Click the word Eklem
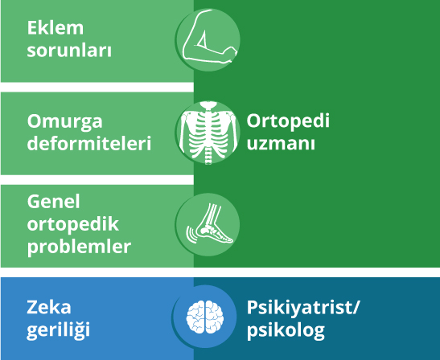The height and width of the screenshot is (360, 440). tap(56, 28)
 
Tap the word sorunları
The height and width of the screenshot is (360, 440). tap(69, 51)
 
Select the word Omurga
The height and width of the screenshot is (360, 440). tap(65, 122)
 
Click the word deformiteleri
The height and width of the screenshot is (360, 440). tap(89, 143)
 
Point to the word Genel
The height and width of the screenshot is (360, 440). tap(54, 202)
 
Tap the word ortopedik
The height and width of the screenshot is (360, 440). tap(73, 224)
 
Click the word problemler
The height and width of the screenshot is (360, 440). tap(79, 247)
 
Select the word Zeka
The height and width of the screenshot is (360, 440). tap(49, 307)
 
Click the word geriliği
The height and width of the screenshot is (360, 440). tap(59, 330)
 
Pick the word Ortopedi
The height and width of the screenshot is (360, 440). tap(288, 121)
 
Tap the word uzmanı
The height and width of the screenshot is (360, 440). tap(281, 143)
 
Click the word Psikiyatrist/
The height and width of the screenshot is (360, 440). tap(303, 308)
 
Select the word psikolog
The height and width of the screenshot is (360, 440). tap(286, 330)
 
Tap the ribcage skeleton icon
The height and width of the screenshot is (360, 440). tap(208, 133)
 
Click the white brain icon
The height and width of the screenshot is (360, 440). tap(205, 317)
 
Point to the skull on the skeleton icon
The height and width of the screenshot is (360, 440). tap(208, 105)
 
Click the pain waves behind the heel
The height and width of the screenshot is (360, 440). tap(191, 234)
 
